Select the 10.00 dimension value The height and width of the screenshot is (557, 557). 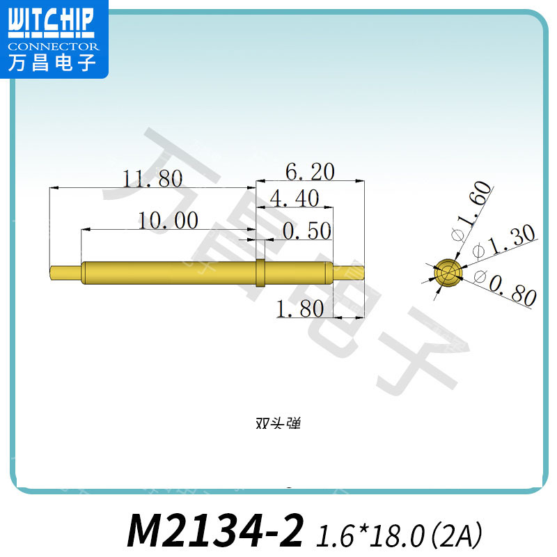(x=168, y=221)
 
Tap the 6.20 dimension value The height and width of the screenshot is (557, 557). (x=310, y=171)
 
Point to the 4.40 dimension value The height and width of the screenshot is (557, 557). (x=294, y=200)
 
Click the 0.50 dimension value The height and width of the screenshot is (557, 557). (x=306, y=231)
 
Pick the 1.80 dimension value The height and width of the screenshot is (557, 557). (x=300, y=308)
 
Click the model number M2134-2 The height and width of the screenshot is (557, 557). (x=216, y=532)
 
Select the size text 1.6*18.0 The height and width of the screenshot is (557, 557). (x=370, y=535)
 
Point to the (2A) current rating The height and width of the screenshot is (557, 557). (x=457, y=535)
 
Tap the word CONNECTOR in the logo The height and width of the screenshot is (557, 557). (x=53, y=47)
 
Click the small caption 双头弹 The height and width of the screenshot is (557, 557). (x=278, y=423)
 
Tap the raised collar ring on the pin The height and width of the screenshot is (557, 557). (x=260, y=273)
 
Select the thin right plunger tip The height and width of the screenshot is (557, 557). (x=348, y=272)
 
